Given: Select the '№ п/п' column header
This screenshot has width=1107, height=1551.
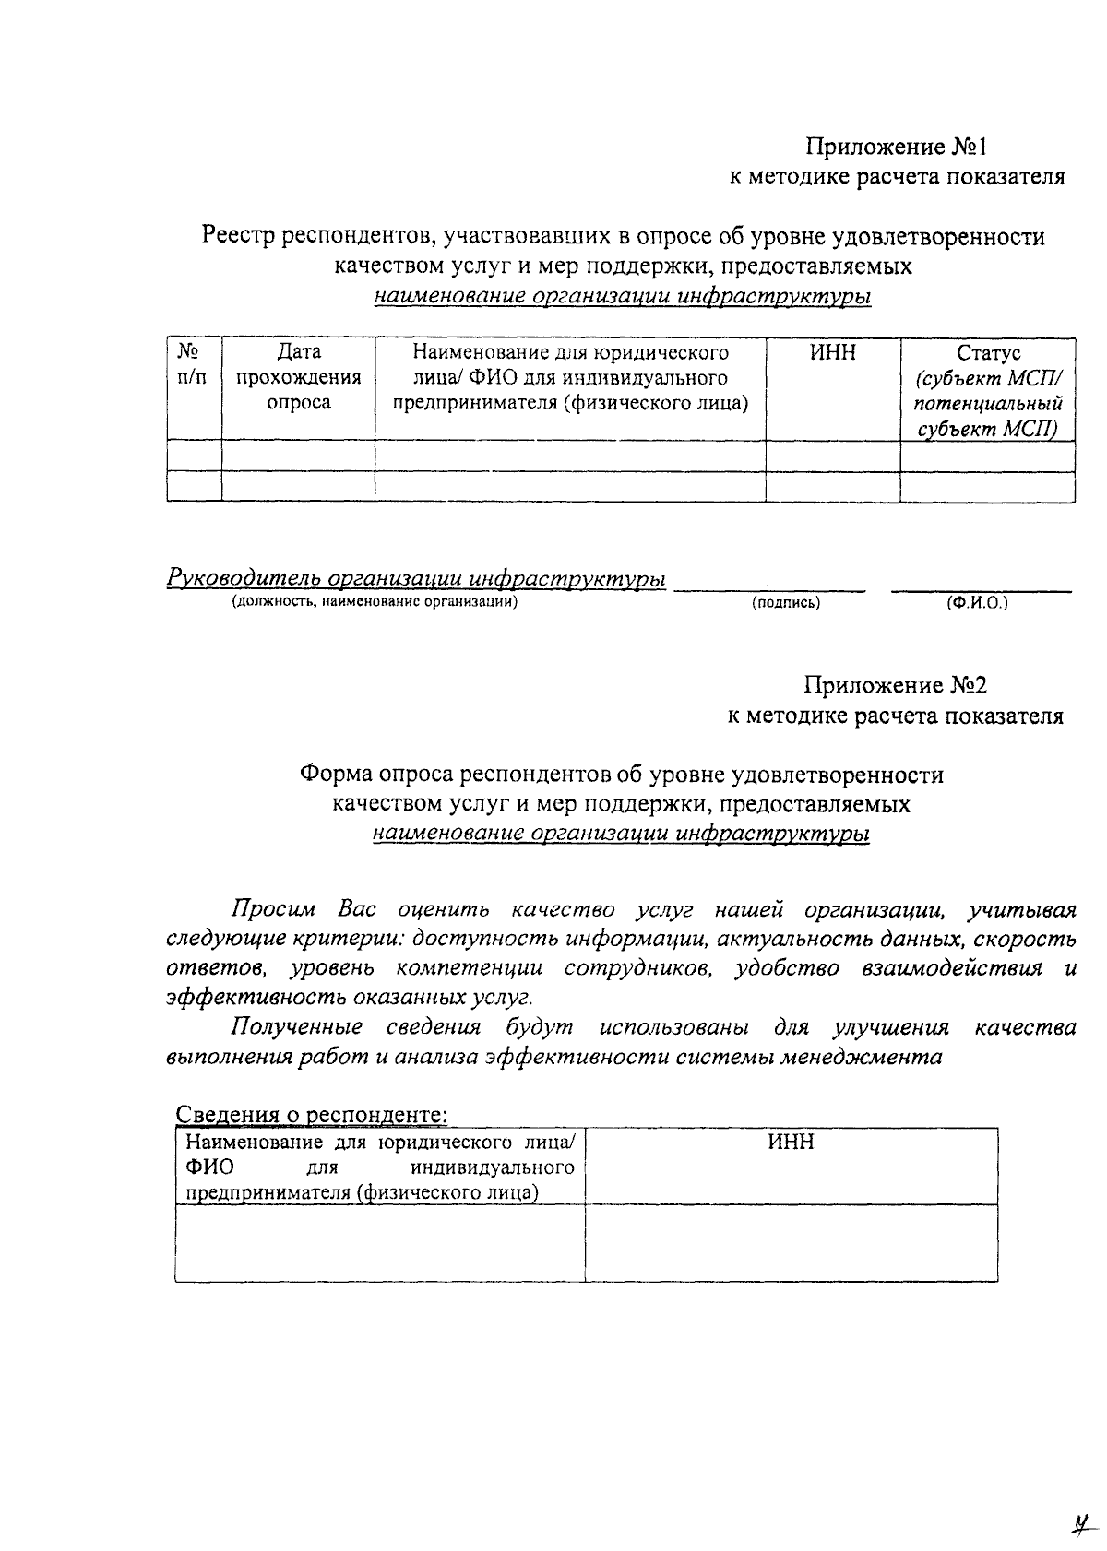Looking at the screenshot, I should pos(190,365).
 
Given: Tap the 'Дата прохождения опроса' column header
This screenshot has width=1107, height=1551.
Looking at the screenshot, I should pos(299,377).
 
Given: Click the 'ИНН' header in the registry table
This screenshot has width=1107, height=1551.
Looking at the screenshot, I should pos(833,352).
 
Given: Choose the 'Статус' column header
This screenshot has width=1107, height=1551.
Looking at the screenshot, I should pos(988,353).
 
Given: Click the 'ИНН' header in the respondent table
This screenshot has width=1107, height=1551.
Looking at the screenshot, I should pos(792,1143).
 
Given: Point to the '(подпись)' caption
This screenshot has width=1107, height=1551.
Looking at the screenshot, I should pos(786,603).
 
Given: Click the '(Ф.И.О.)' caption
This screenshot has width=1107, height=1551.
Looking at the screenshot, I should pos(977,603).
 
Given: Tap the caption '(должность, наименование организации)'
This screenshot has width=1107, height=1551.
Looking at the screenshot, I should pos(375,602).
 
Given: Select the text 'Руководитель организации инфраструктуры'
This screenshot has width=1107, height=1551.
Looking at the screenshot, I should pos(416,579).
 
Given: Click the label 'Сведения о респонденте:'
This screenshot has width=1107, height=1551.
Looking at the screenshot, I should pos(312,1114).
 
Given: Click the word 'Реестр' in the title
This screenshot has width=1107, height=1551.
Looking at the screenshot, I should pos(238,237).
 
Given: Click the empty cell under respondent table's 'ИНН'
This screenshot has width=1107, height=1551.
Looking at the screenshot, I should pos(792,1242).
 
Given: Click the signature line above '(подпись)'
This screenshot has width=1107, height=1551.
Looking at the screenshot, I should pos(769,586).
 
